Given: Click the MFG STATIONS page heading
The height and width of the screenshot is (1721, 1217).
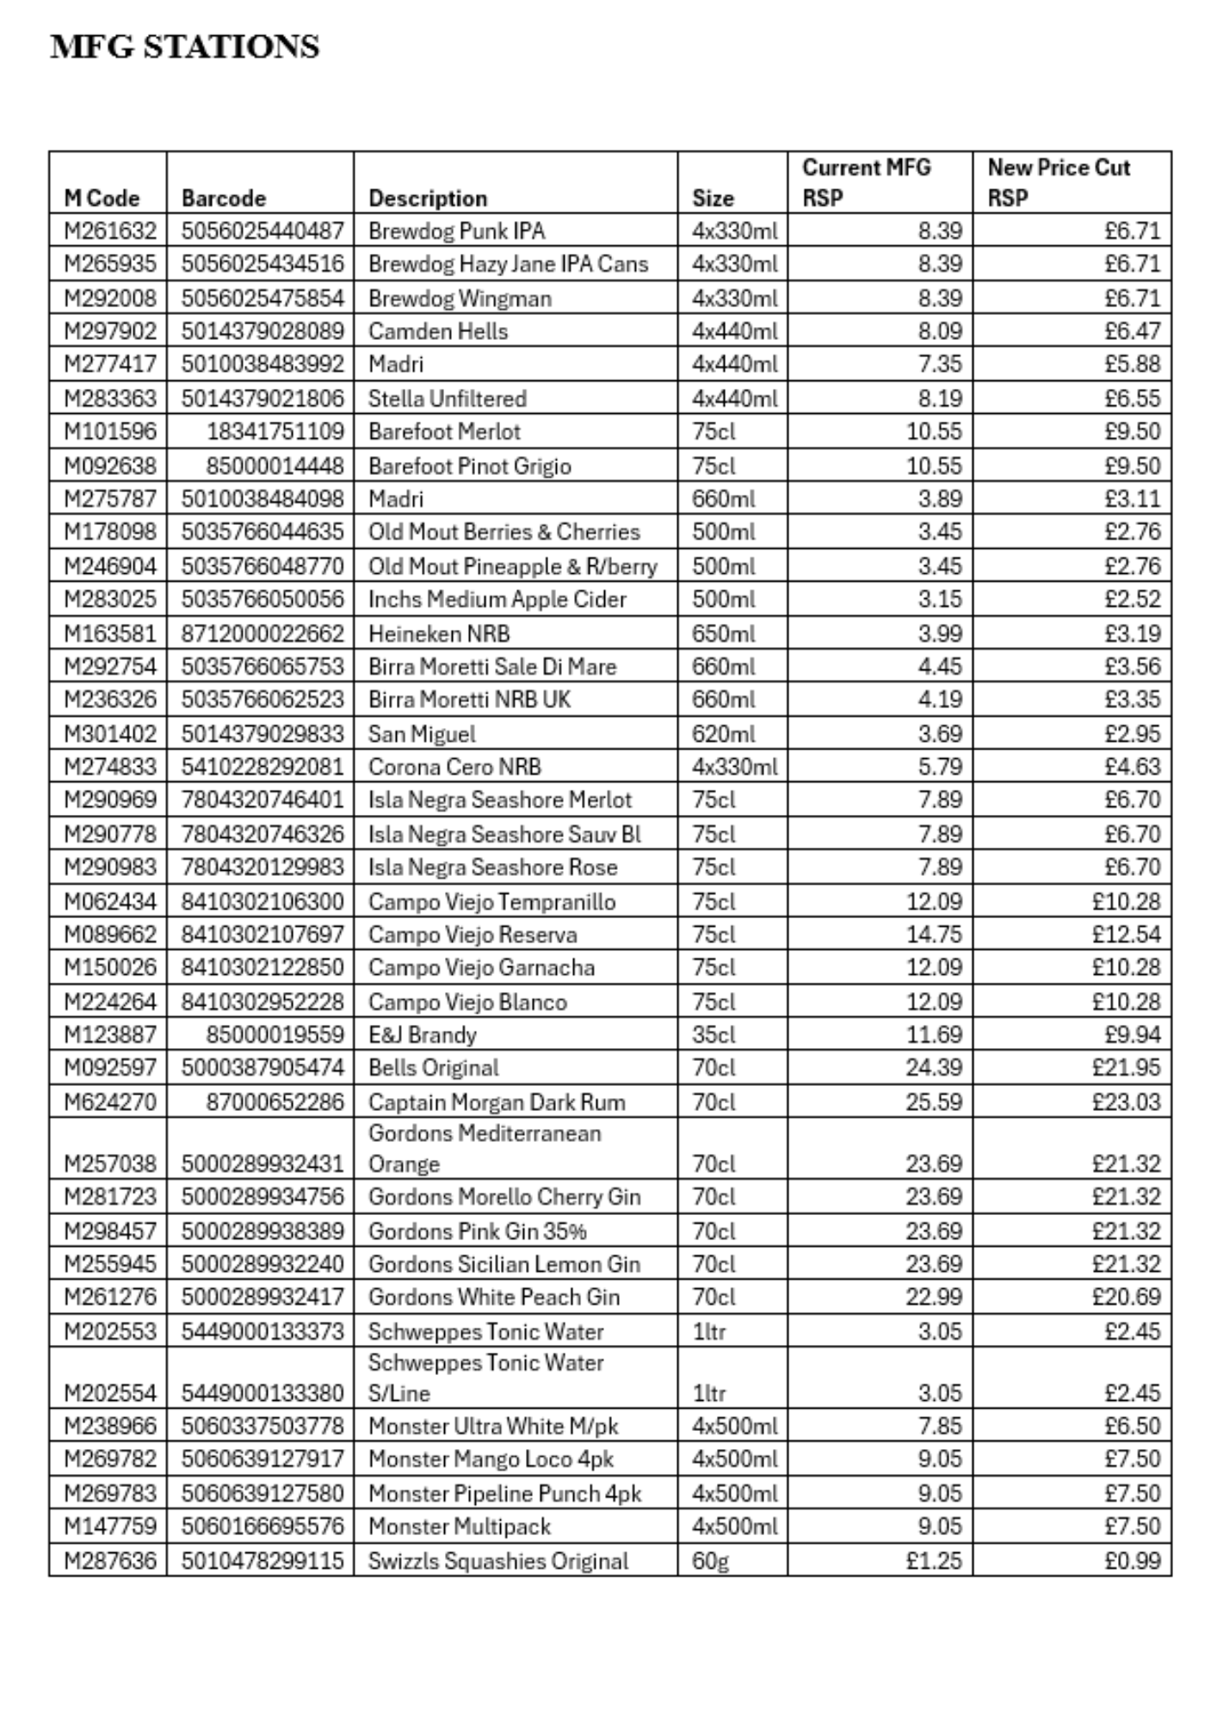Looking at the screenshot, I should pos(185,46).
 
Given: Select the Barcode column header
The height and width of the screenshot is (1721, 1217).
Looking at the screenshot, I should pos(224,198).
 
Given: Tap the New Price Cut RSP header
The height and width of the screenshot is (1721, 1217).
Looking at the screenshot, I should pos(1059,182).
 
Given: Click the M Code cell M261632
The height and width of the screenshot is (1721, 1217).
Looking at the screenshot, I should pos(110,231).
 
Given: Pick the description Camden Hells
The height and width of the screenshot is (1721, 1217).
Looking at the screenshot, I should pos(438,331).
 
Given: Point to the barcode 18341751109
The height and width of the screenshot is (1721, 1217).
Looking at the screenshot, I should pos(275,431).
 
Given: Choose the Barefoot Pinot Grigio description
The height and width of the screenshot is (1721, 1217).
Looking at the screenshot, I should pos(470,466).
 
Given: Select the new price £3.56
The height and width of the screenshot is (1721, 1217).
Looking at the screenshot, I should pos(1133,666).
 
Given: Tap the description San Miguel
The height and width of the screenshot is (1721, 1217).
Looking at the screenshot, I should pos(422,734).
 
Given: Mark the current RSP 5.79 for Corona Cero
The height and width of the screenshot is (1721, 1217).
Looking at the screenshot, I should pos(939,767).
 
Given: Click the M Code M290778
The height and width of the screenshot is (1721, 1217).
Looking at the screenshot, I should pos(110,834).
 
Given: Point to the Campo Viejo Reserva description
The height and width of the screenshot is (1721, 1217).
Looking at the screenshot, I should pos(473,935).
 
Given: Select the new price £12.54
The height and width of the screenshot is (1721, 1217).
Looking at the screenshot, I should pos(1127,935).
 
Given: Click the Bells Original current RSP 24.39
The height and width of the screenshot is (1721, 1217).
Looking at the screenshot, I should pos(934,1068).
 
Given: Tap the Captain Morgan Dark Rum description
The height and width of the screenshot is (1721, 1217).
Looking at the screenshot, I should pos(497,1102).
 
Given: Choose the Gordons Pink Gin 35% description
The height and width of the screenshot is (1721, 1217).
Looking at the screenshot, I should pos(478,1231).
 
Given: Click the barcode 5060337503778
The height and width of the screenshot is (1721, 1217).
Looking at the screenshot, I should pos(263,1426).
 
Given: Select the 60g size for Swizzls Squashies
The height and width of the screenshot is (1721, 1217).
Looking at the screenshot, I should pos(711,1560).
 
